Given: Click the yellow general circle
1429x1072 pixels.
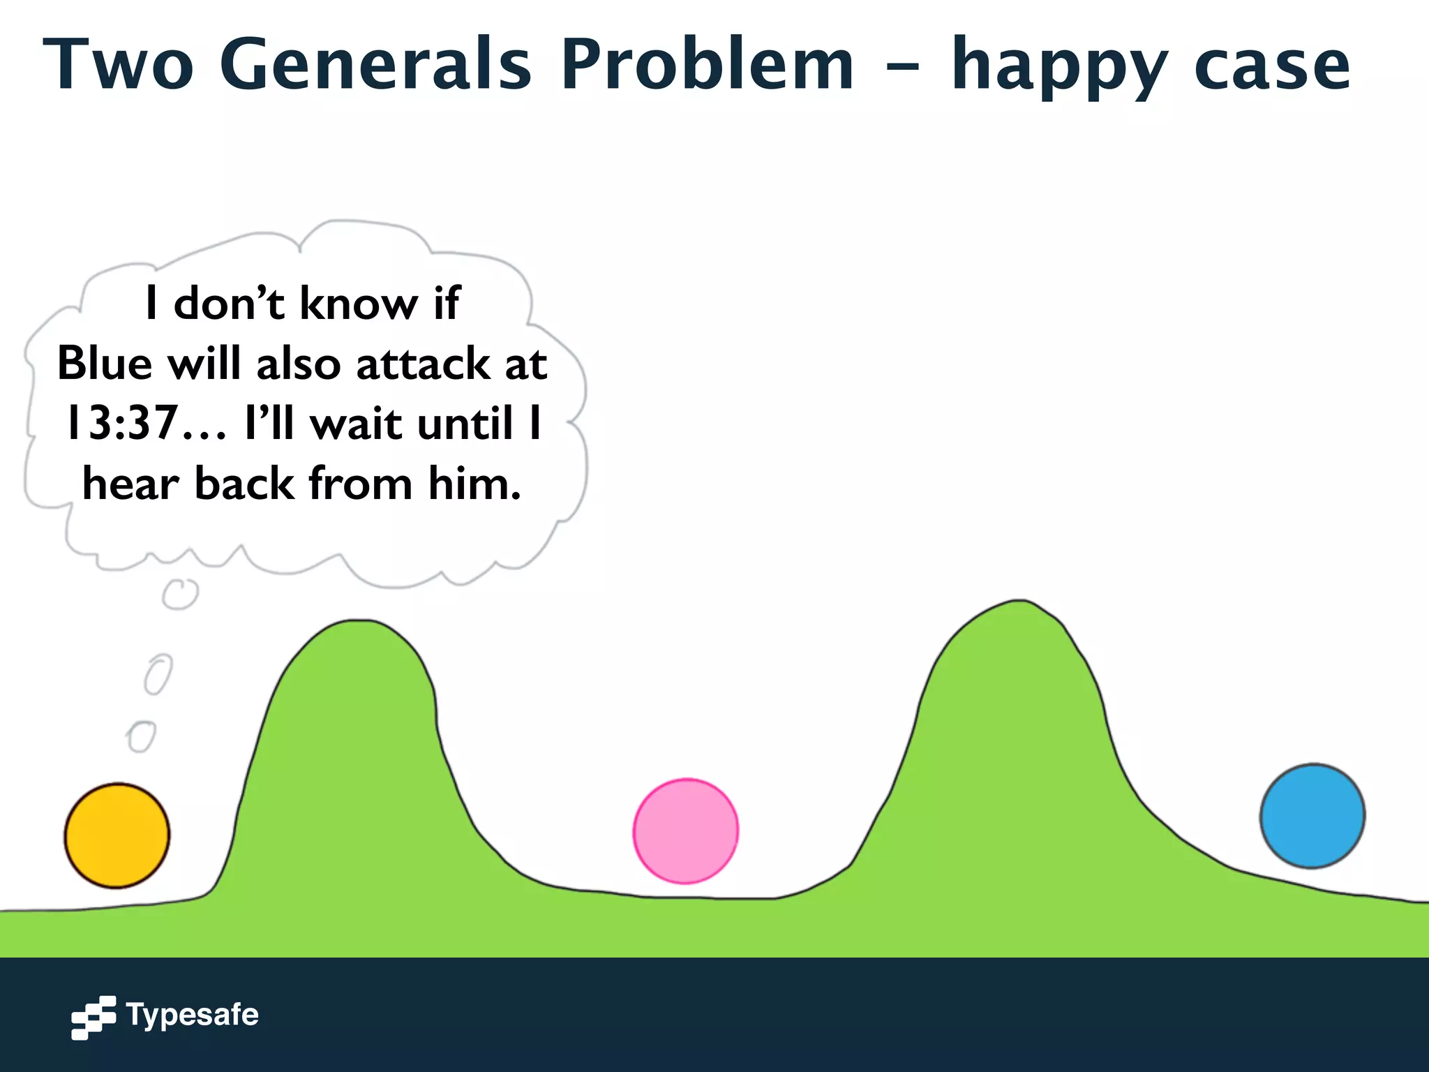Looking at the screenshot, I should point(117,835).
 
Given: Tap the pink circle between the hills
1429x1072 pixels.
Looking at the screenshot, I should point(685,831).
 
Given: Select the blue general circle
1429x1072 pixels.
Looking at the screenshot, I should point(1312,816).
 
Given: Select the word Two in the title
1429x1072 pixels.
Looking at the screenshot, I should point(118,64).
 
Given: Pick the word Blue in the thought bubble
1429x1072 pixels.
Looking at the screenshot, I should point(105,364).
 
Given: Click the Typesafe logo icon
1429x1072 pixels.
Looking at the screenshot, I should point(93,1017).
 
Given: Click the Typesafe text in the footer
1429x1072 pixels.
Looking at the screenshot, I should point(193,1015).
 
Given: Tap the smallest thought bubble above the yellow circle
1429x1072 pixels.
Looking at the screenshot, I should point(142,736).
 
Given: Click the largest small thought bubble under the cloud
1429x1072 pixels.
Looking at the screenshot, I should point(180,594).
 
